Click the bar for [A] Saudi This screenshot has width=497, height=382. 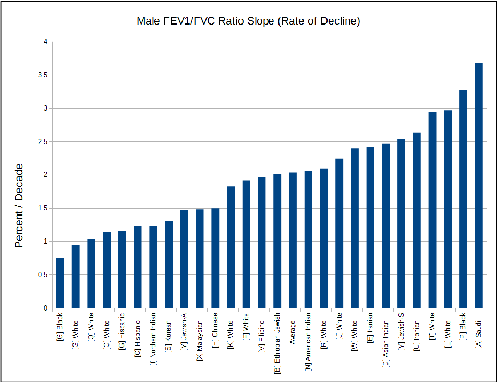coord(479,186)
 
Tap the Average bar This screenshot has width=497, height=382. coord(293,241)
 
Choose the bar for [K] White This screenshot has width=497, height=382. coord(231,247)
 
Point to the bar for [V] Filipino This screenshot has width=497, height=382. coord(262,243)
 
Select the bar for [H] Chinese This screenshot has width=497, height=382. coord(215,258)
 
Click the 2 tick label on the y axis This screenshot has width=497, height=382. coord(45,175)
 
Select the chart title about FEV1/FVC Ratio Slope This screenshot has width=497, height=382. coord(248,21)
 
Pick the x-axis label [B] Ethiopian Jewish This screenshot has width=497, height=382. coord(277,343)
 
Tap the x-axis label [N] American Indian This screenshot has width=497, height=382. coord(308,342)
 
